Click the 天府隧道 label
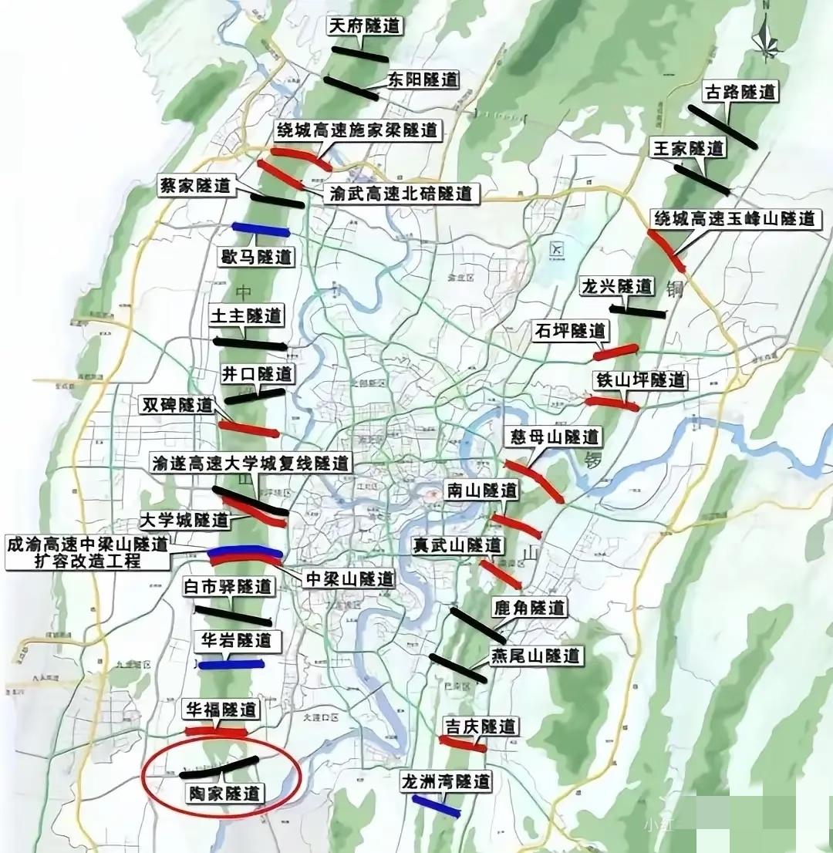tap(365, 25)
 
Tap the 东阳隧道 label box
tap(423, 79)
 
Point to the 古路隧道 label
tap(740, 93)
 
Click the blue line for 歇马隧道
tap(261, 229)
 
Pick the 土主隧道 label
tap(247, 315)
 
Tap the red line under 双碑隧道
tap(248, 428)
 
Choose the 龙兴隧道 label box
tap(616, 286)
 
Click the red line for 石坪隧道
tap(616, 352)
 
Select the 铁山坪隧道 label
tap(639, 380)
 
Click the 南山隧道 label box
tap(482, 491)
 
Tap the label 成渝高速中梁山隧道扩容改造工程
tap(87, 552)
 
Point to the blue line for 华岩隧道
tap(231, 663)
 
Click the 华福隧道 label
tap(221, 709)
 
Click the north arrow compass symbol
tap(768, 39)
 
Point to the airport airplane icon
tap(554, 250)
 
